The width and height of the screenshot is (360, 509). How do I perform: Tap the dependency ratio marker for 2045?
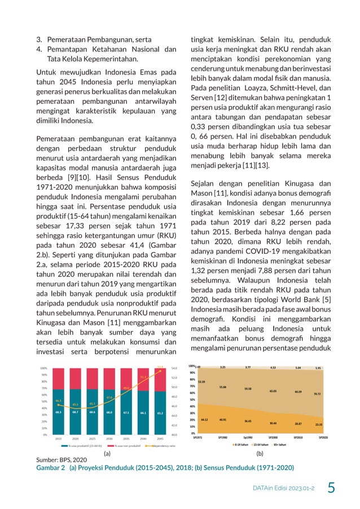click(x=160, y=367)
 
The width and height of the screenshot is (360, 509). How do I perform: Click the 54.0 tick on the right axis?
click(x=174, y=368)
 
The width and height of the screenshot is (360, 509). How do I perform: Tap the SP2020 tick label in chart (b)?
click(x=323, y=437)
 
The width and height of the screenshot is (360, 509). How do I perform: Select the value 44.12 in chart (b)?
click(x=204, y=419)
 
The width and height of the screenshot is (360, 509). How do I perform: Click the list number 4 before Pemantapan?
click(x=39, y=49)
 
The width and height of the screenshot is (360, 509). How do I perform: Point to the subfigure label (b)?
click(x=260, y=453)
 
